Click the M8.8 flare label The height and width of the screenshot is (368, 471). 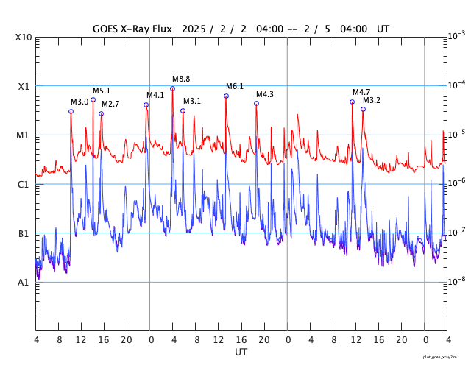coord(181,79)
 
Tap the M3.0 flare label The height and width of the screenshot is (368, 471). coord(79,102)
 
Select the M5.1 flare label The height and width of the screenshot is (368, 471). coord(102,91)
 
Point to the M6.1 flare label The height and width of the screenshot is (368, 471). coord(235,86)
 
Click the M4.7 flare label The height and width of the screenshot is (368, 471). coord(361,92)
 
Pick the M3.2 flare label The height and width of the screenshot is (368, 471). coord(372,100)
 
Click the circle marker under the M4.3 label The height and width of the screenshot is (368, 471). coord(256,103)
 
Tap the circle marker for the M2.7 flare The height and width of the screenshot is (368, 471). coord(101,113)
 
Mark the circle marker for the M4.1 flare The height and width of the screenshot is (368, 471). coord(146,105)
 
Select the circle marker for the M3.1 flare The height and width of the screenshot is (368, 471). coord(183,110)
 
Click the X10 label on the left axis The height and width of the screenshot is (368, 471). coord(24,38)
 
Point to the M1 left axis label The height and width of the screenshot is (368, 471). coord(24,135)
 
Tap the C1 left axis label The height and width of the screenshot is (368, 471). coord(24,185)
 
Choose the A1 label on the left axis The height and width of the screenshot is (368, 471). coord(24,283)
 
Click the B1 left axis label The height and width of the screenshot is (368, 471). coord(24,234)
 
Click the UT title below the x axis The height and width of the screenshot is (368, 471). coord(241,353)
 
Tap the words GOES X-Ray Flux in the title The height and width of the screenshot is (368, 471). coord(132,29)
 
